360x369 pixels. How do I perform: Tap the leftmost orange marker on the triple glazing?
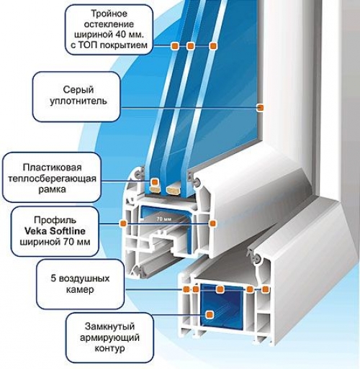click(174, 46)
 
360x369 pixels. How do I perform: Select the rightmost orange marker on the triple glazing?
click(214, 46)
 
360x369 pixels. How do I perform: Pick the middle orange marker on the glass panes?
click(191, 46)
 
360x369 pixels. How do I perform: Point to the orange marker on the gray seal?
click(261, 107)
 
